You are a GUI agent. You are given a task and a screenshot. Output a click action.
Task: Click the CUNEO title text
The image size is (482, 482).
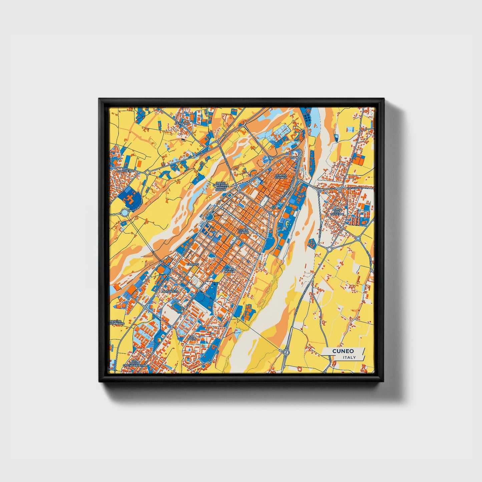(343, 351)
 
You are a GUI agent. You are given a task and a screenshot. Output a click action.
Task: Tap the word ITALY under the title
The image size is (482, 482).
(349, 358)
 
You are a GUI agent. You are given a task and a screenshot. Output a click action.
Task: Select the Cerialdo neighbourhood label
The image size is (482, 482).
(182, 123)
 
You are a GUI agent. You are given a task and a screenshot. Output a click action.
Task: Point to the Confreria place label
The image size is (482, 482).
(125, 171)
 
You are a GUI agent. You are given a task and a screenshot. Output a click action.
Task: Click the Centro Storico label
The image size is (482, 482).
(281, 176)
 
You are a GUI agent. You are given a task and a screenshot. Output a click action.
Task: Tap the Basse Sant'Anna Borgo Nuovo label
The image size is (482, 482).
(221, 186)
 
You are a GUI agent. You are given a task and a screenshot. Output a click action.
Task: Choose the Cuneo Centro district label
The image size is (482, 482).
(243, 231)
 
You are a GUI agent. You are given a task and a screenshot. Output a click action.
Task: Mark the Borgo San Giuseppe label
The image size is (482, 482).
(338, 212)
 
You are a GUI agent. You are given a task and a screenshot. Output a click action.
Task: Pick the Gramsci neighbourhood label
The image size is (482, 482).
(192, 264)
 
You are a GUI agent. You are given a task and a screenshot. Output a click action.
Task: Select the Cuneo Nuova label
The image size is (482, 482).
(229, 270)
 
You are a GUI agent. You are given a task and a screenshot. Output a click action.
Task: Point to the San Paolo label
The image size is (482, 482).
(192, 338)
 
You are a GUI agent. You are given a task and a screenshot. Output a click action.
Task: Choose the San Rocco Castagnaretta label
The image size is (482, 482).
(135, 363)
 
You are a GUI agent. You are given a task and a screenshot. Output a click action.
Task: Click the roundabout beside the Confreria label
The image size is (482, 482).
(147, 172)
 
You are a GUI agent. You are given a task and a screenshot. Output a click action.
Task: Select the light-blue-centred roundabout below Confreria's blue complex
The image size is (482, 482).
(125, 212)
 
